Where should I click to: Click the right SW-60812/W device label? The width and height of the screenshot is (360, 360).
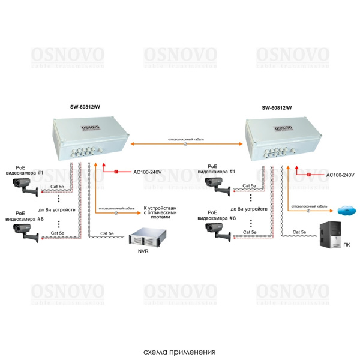[277, 108]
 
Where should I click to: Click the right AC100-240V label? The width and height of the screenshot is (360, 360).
[340, 175]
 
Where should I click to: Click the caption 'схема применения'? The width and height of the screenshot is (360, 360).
[179, 352]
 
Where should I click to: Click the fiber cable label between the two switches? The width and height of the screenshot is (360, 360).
[186, 139]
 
